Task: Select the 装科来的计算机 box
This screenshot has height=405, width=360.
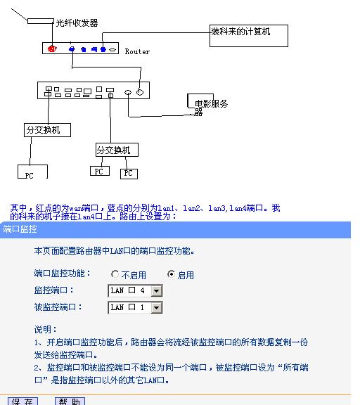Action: tap(249, 35)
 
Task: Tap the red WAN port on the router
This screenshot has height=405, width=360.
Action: tap(52, 49)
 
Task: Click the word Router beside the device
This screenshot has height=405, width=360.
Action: tap(137, 51)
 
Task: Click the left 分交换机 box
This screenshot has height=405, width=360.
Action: tap(47, 130)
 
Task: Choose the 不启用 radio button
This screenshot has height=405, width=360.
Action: tap(115, 274)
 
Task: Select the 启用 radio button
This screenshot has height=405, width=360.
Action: tap(171, 274)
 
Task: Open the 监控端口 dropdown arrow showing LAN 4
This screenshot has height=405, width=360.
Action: tap(157, 290)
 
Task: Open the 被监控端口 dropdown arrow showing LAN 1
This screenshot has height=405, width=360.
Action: tap(157, 307)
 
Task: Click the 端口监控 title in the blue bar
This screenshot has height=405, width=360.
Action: tap(20, 230)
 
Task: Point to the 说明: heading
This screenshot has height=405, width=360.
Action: tap(46, 328)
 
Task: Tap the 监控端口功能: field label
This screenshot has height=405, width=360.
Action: tap(63, 274)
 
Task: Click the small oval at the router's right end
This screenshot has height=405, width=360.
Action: tap(112, 50)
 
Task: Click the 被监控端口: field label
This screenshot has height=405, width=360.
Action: tap(58, 307)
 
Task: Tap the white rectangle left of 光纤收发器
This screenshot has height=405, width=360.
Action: tap(40, 20)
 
